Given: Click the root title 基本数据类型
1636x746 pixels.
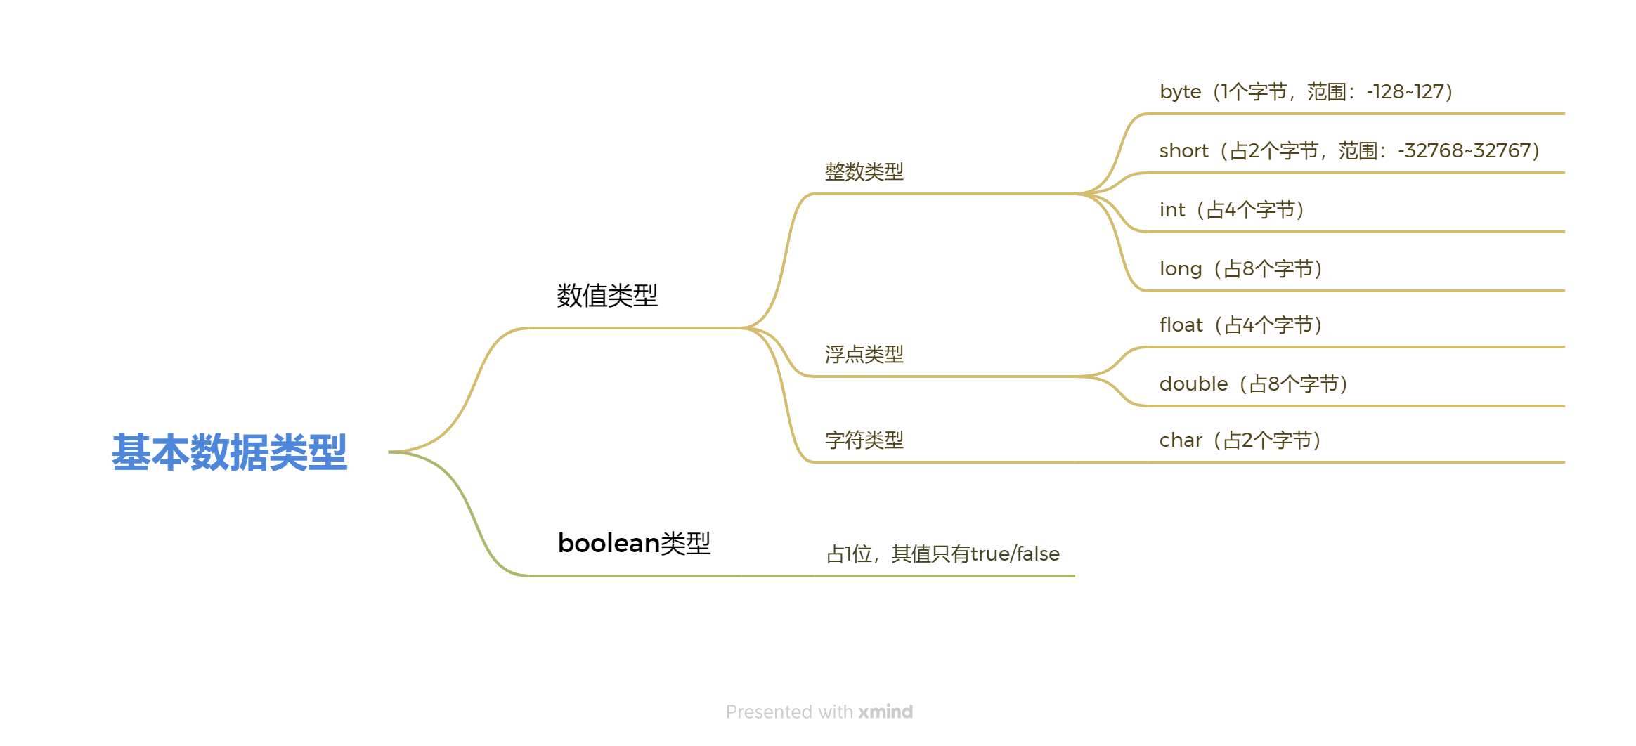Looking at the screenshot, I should tap(229, 452).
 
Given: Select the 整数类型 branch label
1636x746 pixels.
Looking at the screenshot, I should tap(864, 171).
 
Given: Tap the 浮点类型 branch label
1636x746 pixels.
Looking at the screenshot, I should tap(864, 355).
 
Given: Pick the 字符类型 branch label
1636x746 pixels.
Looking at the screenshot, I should tap(864, 440).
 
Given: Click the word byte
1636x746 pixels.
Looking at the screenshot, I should tap(1180, 92).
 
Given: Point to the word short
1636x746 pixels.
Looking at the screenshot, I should tap(1183, 151).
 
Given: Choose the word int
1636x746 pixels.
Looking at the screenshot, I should tap(1171, 210).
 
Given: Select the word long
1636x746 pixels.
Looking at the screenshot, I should tap(1180, 269).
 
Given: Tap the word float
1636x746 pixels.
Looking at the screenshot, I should tap(1181, 325).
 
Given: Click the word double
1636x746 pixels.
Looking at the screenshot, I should tap(1193, 384).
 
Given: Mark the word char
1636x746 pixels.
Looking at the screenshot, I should tap(1181, 440).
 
